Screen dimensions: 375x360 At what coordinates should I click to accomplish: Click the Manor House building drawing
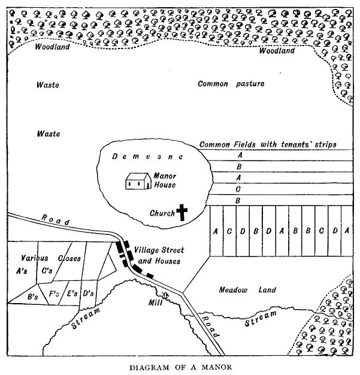click(x=138, y=182)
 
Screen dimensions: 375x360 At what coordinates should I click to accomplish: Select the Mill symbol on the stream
click(x=165, y=294)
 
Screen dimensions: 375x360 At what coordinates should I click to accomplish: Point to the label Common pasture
click(x=231, y=84)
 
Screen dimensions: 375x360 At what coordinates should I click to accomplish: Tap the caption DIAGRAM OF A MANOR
click(x=180, y=364)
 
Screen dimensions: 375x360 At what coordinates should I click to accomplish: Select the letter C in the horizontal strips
click(x=238, y=189)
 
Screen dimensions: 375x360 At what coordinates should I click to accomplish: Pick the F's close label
click(x=54, y=294)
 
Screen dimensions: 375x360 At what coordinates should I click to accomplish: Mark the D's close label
click(x=90, y=293)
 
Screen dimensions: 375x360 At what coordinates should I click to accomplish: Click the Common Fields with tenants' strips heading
click(x=267, y=144)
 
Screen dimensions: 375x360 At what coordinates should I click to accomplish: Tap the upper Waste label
click(x=49, y=85)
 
